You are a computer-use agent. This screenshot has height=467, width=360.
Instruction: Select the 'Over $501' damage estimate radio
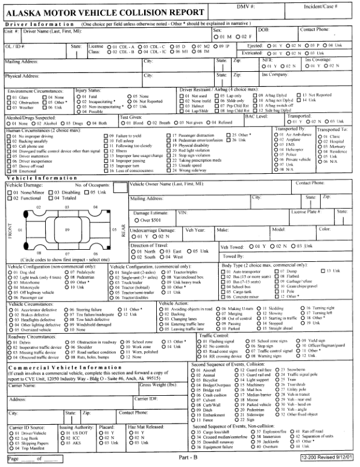click(135, 220)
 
